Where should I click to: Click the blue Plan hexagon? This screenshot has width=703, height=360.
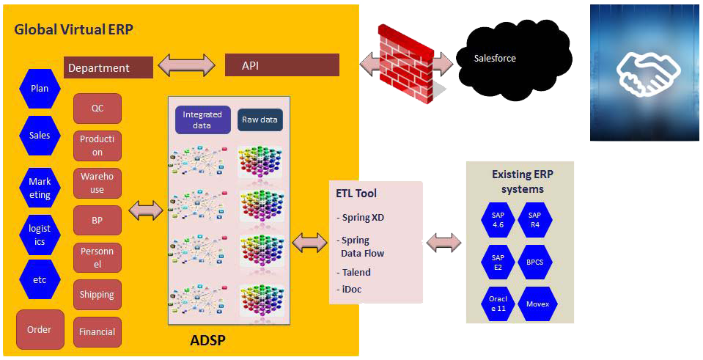coord(40,88)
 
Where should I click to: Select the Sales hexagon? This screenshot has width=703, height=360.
coord(40,136)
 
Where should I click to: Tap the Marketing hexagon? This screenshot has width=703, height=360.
coord(40,188)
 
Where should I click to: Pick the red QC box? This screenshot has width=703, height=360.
coord(97,109)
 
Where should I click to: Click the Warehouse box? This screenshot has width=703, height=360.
coord(97,183)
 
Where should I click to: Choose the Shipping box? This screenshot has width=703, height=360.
coord(97,295)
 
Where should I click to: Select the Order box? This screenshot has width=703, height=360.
coord(40,329)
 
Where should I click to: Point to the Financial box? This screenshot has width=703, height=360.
coord(97,331)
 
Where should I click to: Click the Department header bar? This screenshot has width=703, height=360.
coord(108,67)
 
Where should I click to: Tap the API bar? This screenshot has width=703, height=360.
coord(282,65)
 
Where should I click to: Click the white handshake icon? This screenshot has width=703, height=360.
coord(648,75)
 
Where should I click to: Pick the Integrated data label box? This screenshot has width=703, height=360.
coord(202,120)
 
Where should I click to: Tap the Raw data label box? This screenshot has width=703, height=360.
coord(260,120)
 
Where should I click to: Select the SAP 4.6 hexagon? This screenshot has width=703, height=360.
coord(498,220)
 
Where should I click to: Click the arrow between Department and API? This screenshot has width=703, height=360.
coord(189,65)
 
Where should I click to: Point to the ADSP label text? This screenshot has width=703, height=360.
coord(207,340)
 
